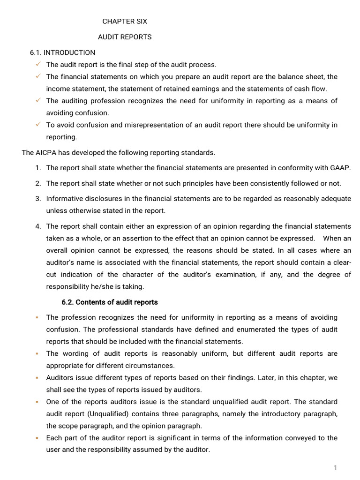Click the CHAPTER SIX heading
[x=125, y=22]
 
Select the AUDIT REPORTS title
[x=125, y=37]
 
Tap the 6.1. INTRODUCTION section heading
[x=62, y=52]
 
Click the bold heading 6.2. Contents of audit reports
[x=110, y=302]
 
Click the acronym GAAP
[x=341, y=168]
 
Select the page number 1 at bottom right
[x=335, y=468]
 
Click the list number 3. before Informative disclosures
[x=38, y=199]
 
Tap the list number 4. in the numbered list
[x=38, y=226]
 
